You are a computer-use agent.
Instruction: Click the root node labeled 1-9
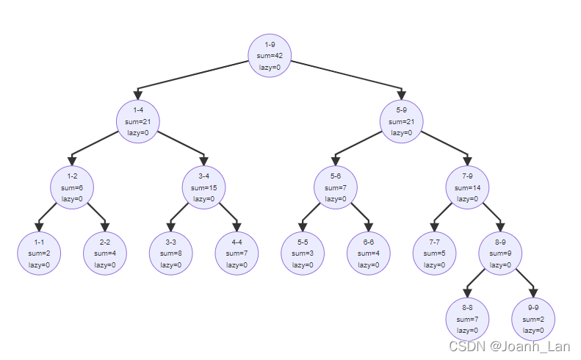point(270,56)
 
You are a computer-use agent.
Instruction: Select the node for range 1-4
point(137,121)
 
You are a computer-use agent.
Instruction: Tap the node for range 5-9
point(402,121)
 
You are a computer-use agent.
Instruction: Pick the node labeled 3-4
point(203,187)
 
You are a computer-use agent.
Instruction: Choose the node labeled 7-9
point(468,187)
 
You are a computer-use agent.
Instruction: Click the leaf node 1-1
point(39,253)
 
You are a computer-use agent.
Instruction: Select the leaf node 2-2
point(105,253)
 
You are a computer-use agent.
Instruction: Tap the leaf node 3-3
point(170,253)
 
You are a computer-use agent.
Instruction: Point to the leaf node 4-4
point(237,253)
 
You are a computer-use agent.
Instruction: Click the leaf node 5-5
point(303,253)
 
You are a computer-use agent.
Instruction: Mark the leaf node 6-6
point(369,253)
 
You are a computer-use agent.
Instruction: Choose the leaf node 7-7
point(434,253)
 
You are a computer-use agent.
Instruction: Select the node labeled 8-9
point(500,253)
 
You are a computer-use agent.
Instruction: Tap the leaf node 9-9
point(533,320)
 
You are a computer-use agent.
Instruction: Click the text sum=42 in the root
point(270,56)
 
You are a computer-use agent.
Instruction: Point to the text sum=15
point(203,187)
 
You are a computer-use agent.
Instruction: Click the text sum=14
point(468,187)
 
